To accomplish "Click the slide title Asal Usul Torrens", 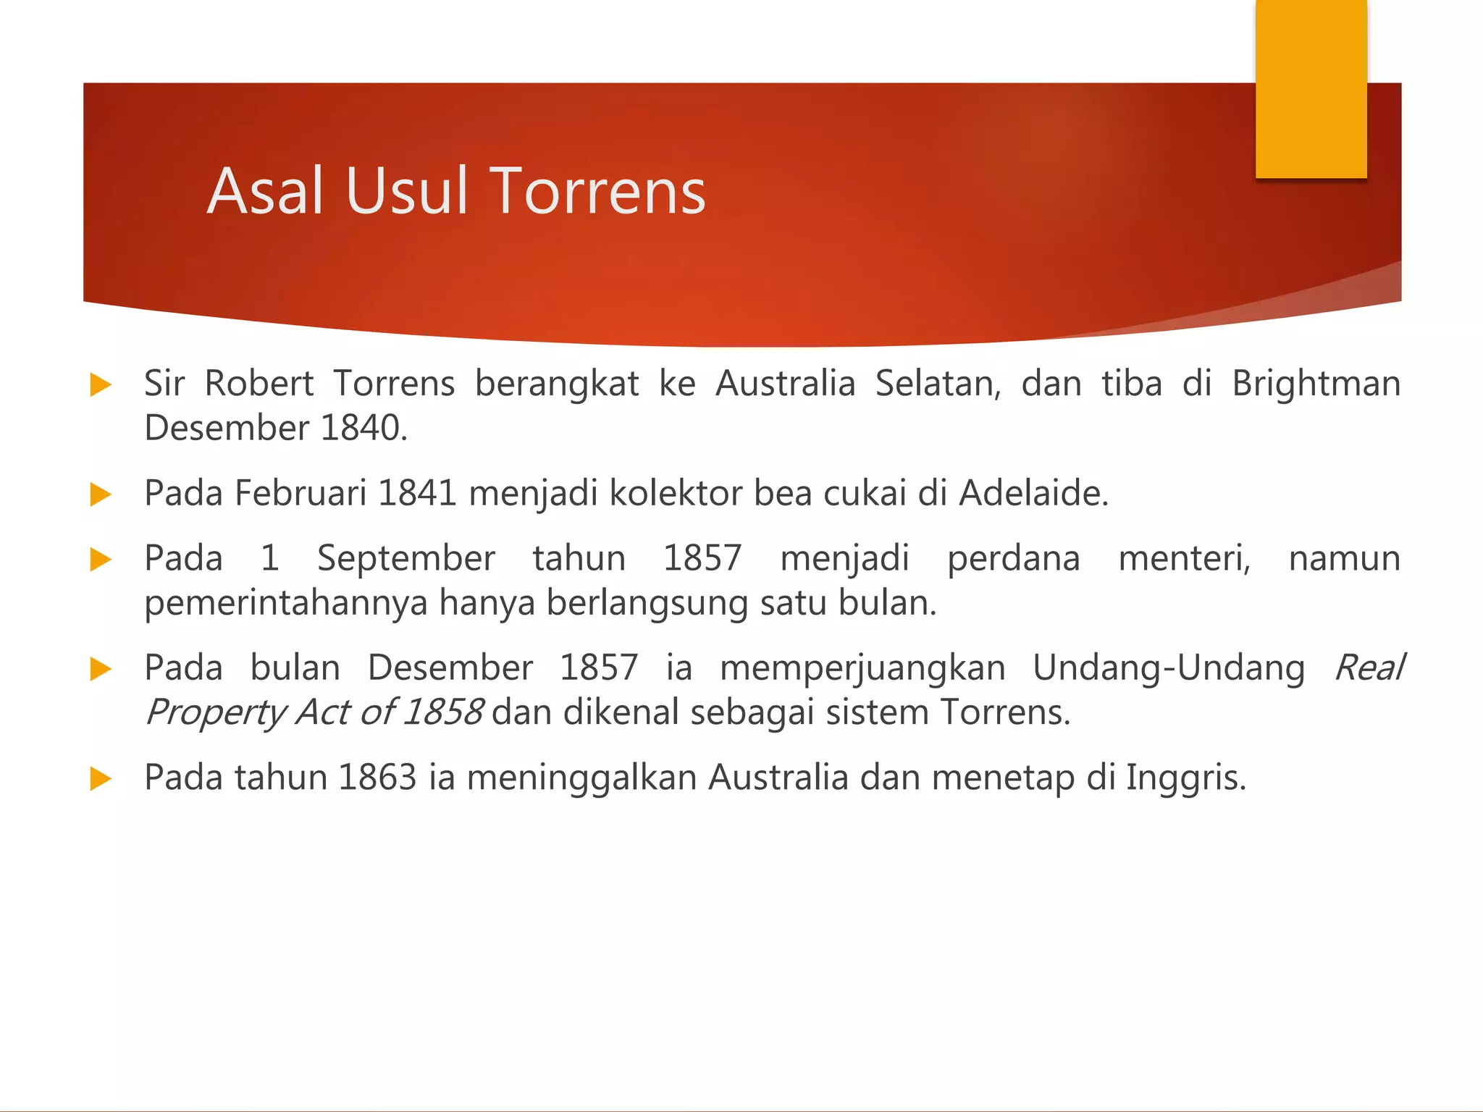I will pos(456,191).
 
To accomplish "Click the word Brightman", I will pos(1316,384).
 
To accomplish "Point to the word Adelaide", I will pos(1033,494).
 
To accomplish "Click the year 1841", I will pos(417,494).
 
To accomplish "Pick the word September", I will pos(406,559).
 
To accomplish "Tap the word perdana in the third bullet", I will pos(1013,559).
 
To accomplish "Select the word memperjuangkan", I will pos(862,667).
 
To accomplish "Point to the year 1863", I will pos(377,778).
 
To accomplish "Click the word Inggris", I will pos(1185,778).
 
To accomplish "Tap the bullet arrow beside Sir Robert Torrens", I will pos(101,385).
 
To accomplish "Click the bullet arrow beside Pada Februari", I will pos(101,495).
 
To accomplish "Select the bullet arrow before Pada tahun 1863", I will pos(101,779).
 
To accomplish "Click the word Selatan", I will pos(938,384).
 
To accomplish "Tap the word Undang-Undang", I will pos(1168,667).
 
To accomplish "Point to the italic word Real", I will pos(1368,667).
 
